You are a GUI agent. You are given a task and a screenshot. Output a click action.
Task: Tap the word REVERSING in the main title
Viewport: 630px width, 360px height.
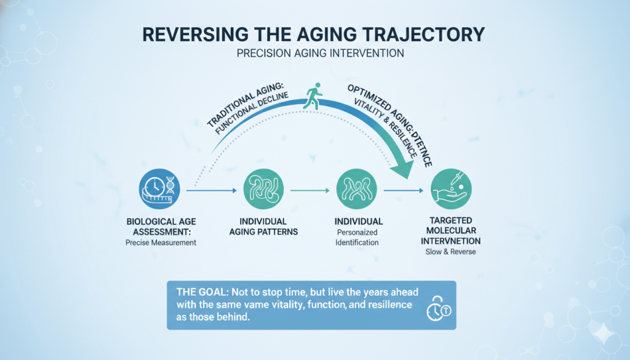point(196,34)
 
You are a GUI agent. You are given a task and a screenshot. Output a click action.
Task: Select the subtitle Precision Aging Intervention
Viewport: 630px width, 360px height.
point(320,54)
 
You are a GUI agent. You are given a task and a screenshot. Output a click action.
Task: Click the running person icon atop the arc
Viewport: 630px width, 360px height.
point(313,95)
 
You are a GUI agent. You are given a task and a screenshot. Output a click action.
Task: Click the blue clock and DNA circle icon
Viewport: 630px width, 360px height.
point(159,189)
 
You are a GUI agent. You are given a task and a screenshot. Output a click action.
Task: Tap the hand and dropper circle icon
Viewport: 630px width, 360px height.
point(451,189)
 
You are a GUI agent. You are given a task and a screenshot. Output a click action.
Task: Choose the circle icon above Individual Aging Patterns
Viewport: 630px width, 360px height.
point(263,189)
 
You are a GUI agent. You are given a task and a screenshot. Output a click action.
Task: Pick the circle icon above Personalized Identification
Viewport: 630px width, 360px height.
point(357,189)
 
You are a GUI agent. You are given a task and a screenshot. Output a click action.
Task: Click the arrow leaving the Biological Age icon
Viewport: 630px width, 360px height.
point(212,190)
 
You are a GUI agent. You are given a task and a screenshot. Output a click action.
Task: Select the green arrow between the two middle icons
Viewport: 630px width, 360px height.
point(310,190)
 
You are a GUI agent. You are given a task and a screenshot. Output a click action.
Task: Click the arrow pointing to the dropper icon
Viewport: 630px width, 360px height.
point(404,190)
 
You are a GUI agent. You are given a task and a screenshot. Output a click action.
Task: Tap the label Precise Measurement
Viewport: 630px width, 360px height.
point(161,242)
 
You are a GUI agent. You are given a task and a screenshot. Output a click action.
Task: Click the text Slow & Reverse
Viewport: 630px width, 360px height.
point(451,252)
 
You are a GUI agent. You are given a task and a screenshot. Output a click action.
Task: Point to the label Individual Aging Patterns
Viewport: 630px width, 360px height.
point(263,226)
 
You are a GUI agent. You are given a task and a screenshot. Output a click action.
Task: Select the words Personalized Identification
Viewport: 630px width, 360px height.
point(357,238)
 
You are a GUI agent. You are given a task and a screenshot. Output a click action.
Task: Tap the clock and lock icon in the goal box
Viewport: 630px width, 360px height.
point(438,308)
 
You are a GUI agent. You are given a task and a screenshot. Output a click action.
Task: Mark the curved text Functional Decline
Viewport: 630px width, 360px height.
point(252,113)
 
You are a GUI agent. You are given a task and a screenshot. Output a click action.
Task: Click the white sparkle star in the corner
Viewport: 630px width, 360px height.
point(603,334)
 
